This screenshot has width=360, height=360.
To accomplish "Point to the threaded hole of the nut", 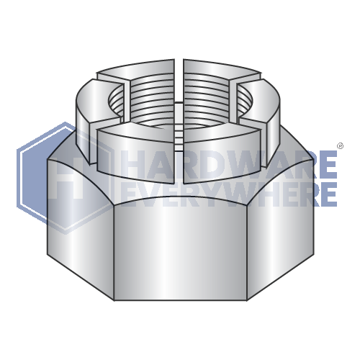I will click(180, 101).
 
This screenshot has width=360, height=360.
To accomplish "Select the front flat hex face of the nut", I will click(180, 245).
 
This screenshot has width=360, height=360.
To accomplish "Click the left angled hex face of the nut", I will click(79, 223).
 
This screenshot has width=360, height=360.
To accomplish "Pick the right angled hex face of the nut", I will click(281, 223).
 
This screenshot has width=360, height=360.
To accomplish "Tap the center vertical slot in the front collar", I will click(180, 155).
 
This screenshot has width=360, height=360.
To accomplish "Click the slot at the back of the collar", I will click(179, 68).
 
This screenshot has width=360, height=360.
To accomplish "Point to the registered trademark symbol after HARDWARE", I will click(337, 156).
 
